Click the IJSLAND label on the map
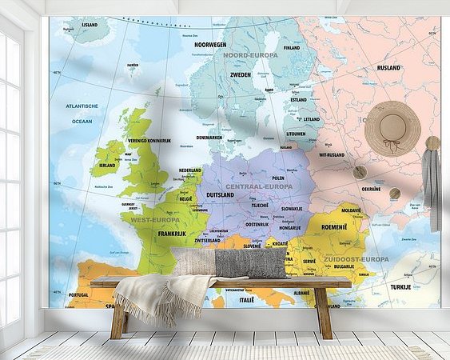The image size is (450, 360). pyautogui.click(x=90, y=25)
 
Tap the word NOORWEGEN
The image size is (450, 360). pyautogui.click(x=206, y=45)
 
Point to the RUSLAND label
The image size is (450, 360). pyautogui.click(x=388, y=68)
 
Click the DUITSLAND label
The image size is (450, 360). pyautogui.click(x=221, y=194)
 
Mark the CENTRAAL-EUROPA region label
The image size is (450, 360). pyautogui.click(x=259, y=186)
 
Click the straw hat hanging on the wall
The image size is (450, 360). pyautogui.click(x=392, y=127)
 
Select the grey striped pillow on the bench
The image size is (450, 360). pyautogui.click(x=251, y=263)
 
